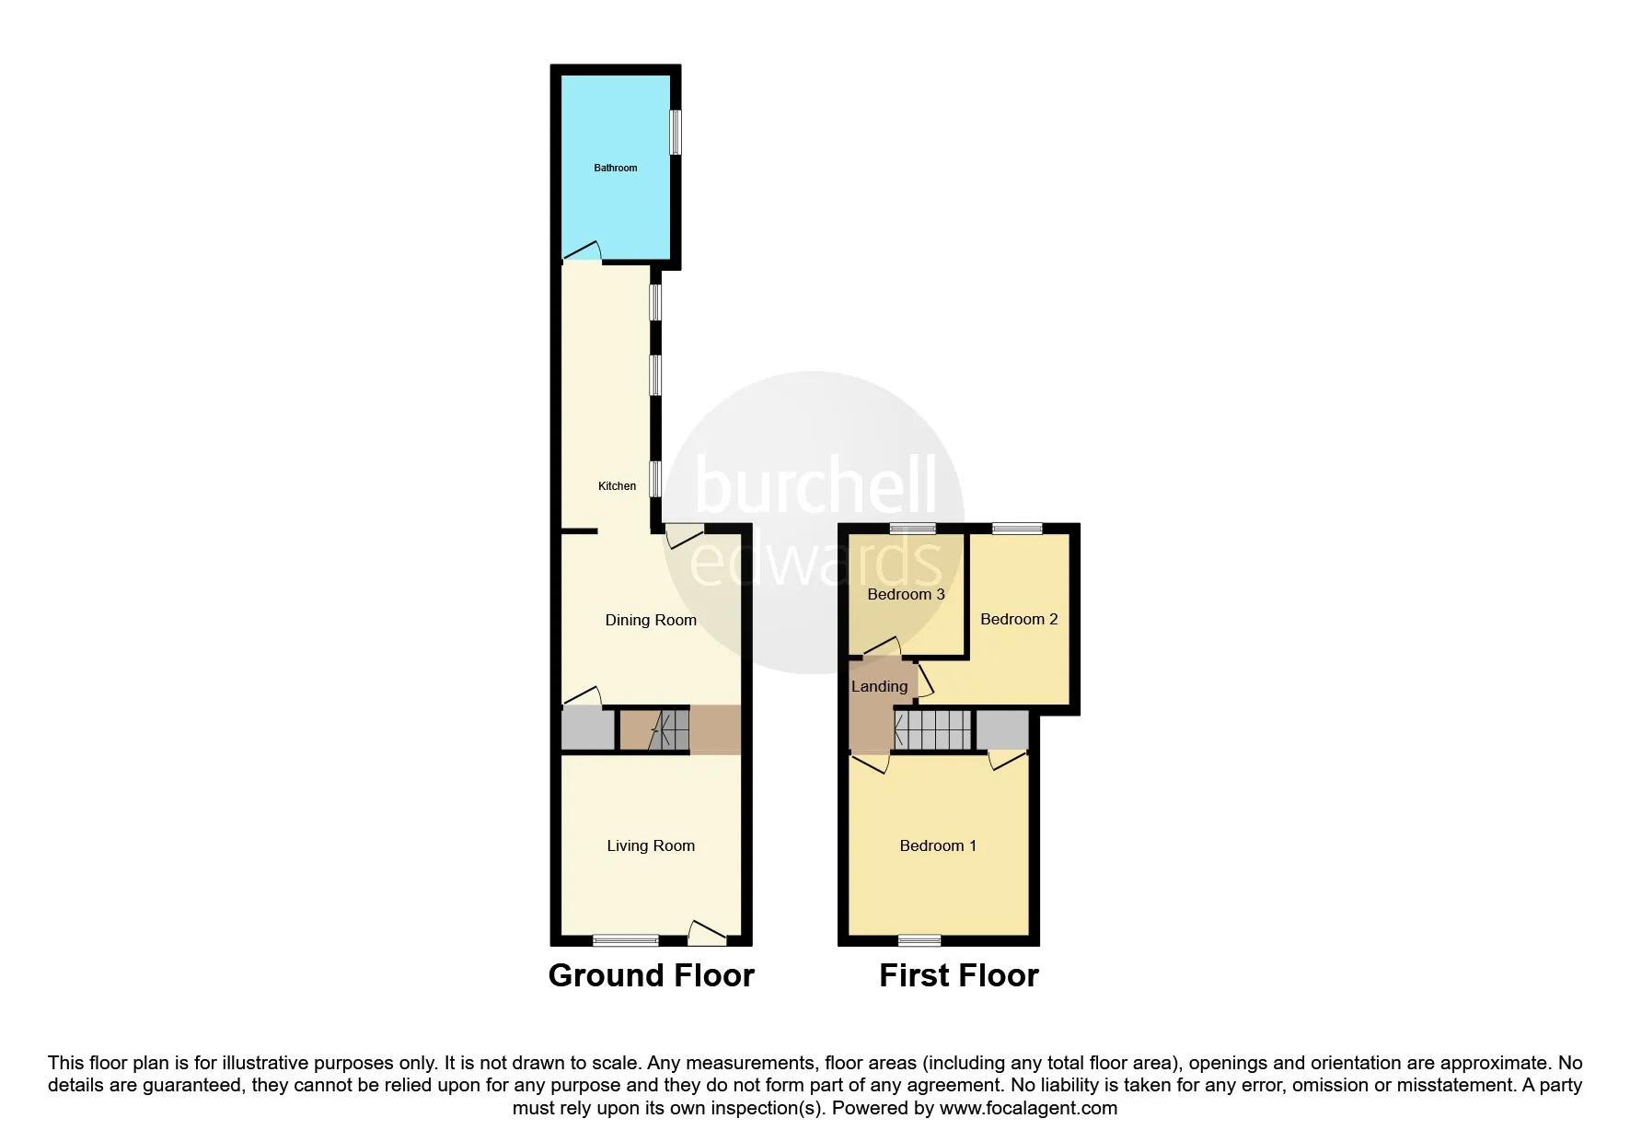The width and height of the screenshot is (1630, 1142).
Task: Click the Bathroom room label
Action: point(615,168)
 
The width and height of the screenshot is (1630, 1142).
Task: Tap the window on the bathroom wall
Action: point(676,133)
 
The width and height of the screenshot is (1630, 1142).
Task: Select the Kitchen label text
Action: point(617,486)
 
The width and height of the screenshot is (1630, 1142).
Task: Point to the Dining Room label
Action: point(651,621)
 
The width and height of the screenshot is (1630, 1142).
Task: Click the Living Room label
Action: point(651,846)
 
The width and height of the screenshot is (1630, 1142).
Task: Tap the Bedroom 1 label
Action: point(938,846)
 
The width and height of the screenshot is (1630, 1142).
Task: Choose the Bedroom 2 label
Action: point(1019,620)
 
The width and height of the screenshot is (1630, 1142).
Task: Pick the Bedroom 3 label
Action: point(906,595)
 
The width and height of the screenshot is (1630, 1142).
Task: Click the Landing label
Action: point(879,687)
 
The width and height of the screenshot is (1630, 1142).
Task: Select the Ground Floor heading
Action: point(651,976)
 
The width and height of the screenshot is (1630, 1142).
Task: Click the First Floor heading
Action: point(958,976)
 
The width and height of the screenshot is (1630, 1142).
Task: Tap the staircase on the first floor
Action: point(932,730)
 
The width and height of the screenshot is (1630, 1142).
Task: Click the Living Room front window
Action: point(626,940)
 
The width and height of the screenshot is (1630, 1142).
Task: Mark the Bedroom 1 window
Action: point(919,940)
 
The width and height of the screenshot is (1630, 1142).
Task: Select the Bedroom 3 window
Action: point(913,529)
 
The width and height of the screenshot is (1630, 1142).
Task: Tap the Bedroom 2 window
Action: point(1017,529)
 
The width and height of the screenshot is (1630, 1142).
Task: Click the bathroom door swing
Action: point(582,251)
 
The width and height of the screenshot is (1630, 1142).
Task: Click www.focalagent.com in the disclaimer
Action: point(1028,1109)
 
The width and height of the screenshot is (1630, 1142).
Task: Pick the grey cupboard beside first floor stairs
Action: point(1001,730)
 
